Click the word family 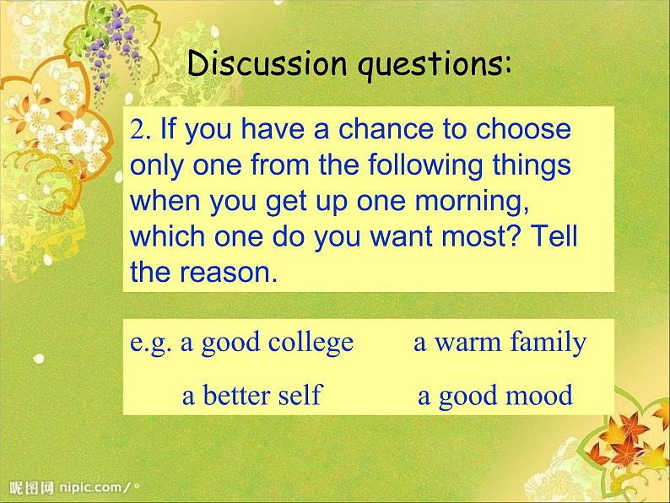(548, 343)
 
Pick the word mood (541, 395)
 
